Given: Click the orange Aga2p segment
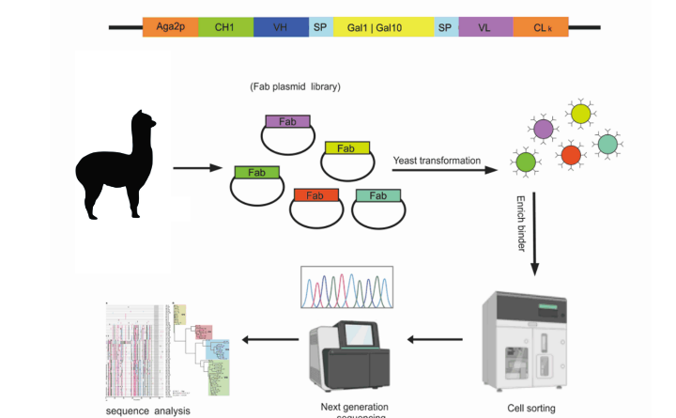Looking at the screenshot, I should tap(170, 28).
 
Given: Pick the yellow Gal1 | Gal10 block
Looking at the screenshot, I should tap(382, 28).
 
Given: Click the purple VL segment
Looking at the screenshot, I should tap(484, 28).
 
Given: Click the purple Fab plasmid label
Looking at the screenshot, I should tap(288, 121).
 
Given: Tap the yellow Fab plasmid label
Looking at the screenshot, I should tap(346, 148).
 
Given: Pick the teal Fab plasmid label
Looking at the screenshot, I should tap(378, 195).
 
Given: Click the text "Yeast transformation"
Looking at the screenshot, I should tap(437, 159).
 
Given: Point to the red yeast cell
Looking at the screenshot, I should tap(571, 155).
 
